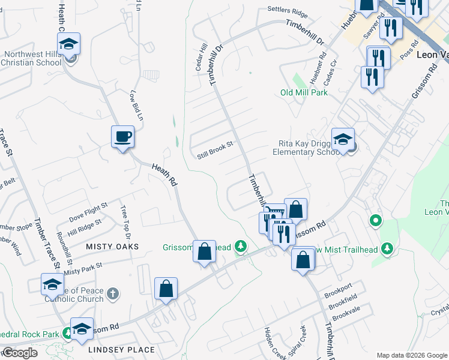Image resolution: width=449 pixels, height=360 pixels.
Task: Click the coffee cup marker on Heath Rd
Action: [x=122, y=137]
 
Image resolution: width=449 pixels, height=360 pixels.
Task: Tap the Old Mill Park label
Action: [x=304, y=93]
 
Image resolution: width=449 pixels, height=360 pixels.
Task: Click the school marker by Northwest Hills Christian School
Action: [x=69, y=44]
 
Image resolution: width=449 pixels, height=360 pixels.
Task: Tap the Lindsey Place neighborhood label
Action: [x=121, y=350]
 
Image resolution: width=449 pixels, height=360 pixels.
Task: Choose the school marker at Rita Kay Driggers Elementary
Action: [x=343, y=140]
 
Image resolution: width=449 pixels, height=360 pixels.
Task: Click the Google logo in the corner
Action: [x=19, y=353]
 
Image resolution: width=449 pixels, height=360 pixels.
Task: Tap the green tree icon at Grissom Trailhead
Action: [x=241, y=246]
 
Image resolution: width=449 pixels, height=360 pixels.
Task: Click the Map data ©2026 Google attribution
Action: [x=411, y=355]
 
